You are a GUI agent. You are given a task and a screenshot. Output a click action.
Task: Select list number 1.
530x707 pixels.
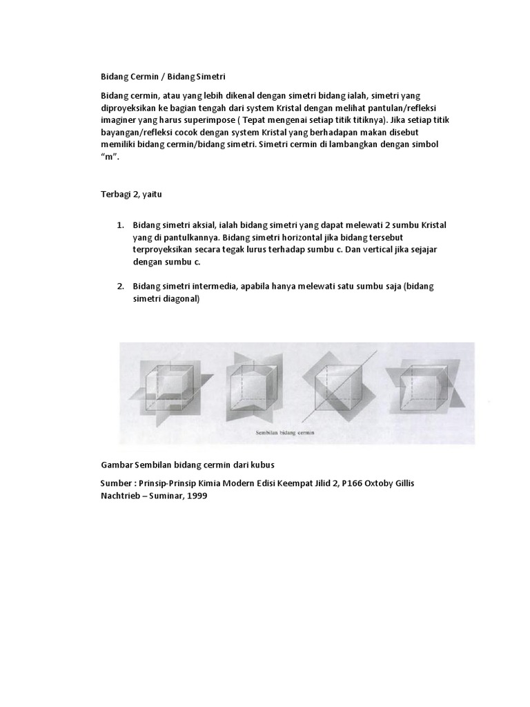[x=119, y=226]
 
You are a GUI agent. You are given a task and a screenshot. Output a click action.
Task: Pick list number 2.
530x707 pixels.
[x=119, y=287]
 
